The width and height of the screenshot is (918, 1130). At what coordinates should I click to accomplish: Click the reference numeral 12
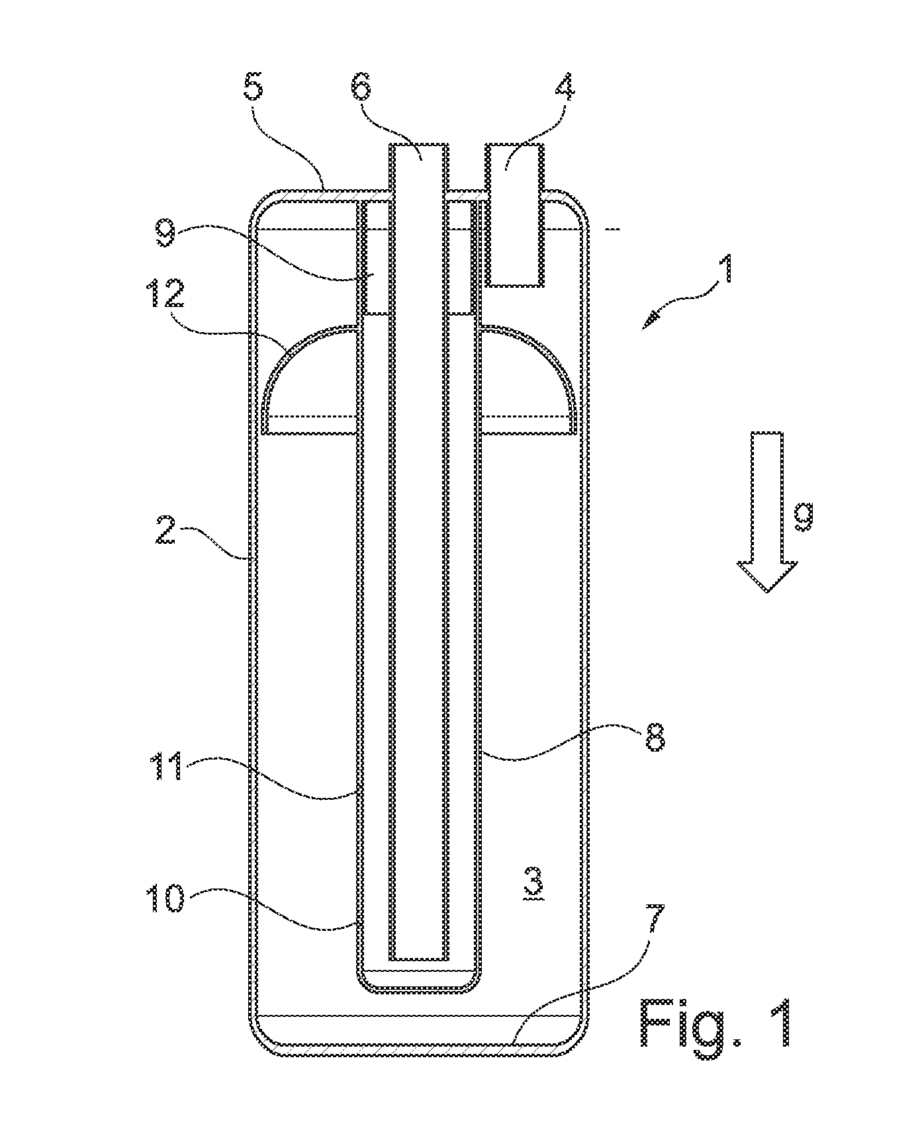pyautogui.click(x=165, y=292)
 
